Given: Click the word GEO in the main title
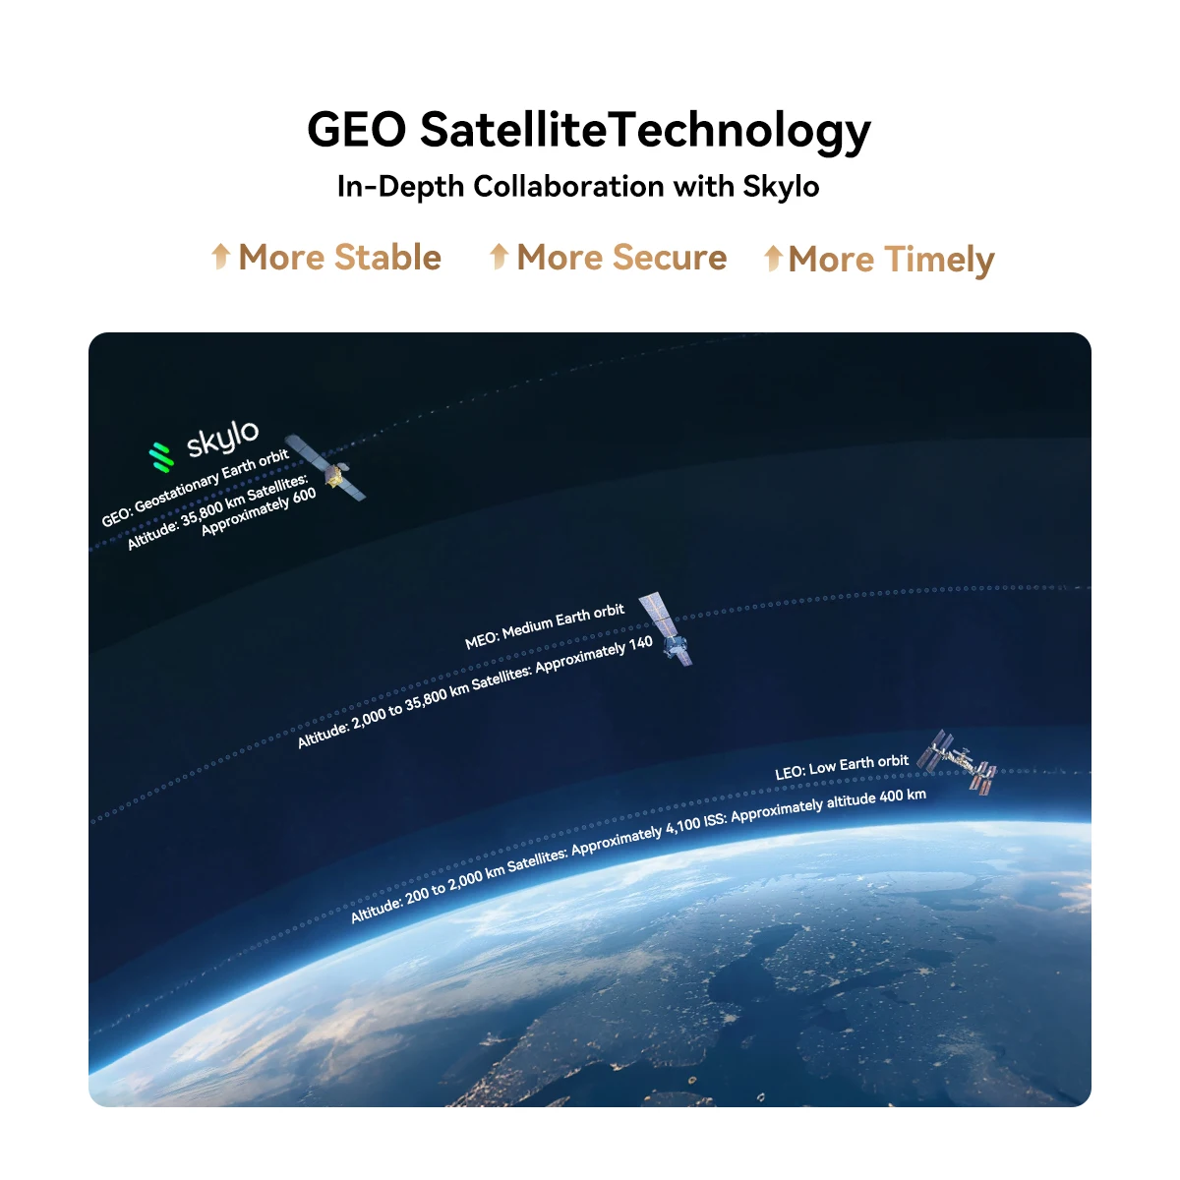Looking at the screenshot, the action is pyautogui.click(x=356, y=129).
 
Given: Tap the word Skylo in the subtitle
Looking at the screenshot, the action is pyautogui.click(x=781, y=186).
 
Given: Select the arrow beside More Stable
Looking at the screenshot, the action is pyautogui.click(x=220, y=256).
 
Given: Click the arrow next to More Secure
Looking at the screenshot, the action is pyautogui.click(x=500, y=256).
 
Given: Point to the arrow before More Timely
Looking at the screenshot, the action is pyautogui.click(x=773, y=258).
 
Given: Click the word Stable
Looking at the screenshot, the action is pyautogui.click(x=387, y=257).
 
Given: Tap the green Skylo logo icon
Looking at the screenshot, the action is pyautogui.click(x=161, y=457).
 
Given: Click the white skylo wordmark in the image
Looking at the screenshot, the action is pyautogui.click(x=223, y=439).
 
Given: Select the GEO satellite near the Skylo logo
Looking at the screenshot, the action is pyautogui.click(x=326, y=467).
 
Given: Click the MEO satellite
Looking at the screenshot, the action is pyautogui.click(x=666, y=628).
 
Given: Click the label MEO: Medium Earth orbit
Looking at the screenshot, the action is pyautogui.click(x=545, y=625).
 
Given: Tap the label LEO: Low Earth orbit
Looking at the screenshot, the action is pyautogui.click(x=842, y=767).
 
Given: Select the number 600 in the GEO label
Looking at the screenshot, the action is pyautogui.click(x=304, y=496).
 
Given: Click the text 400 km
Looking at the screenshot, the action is pyautogui.click(x=903, y=796).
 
